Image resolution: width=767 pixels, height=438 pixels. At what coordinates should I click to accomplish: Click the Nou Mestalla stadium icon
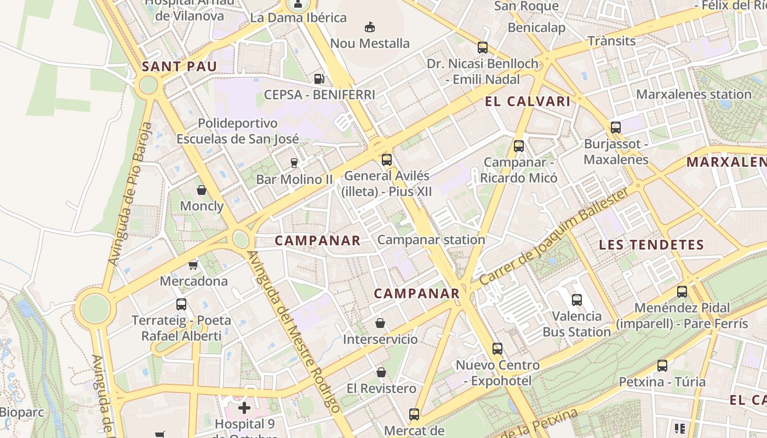click(370, 26)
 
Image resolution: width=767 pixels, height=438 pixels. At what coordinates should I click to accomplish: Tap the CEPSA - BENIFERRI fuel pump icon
click(319, 79)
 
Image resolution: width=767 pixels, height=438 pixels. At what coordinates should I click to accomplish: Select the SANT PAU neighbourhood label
click(180, 67)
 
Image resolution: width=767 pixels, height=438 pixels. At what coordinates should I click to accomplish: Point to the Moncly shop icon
click(202, 190)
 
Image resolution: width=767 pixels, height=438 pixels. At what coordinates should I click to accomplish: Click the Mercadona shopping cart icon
click(193, 265)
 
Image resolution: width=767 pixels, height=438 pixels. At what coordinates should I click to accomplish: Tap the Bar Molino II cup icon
click(294, 163)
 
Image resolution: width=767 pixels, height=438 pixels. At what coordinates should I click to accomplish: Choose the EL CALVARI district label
click(528, 101)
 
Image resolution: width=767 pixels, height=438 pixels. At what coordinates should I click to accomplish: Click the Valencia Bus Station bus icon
click(576, 299)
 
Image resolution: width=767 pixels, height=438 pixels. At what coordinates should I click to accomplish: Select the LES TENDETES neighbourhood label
click(651, 245)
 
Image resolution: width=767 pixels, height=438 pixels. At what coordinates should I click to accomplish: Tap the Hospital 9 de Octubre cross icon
click(244, 407)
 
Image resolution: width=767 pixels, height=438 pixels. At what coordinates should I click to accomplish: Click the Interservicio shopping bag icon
click(380, 323)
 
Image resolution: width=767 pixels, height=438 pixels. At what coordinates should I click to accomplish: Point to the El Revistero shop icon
click(381, 372)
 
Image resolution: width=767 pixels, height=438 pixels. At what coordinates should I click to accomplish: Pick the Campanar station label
click(431, 240)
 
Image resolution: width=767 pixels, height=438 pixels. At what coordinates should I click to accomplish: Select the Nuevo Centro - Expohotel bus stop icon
click(497, 348)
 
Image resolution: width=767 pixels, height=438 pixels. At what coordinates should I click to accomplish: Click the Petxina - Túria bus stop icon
click(662, 365)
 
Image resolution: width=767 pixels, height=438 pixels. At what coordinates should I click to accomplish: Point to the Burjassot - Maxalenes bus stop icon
click(616, 128)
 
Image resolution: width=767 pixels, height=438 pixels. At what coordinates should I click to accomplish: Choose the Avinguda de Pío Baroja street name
click(129, 194)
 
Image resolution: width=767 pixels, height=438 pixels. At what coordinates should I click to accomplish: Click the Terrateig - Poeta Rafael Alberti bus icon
click(181, 304)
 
